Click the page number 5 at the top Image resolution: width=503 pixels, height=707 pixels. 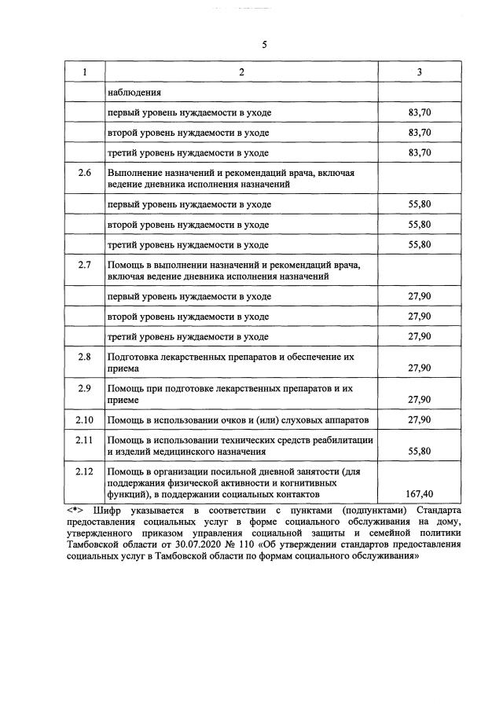(x=264, y=45)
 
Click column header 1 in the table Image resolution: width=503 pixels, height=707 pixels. (x=85, y=72)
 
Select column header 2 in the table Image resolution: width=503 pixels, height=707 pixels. (x=241, y=72)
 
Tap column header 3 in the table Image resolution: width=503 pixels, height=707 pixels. (x=420, y=72)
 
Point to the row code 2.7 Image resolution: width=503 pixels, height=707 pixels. (x=85, y=264)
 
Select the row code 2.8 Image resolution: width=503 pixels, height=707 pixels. (x=85, y=357)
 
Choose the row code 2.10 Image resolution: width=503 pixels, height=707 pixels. (x=85, y=419)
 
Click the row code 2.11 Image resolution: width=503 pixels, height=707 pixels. (x=85, y=439)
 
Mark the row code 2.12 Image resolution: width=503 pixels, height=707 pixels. (x=85, y=471)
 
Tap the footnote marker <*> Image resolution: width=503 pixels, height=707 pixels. (x=78, y=511)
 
